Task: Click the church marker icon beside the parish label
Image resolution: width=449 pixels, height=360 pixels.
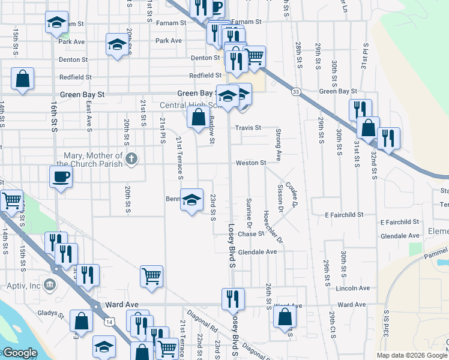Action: [132, 159]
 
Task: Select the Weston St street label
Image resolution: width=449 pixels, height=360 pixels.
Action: [251, 163]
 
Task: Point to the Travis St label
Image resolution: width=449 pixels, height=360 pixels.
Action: [248, 128]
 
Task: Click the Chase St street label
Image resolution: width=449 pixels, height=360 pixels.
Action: [251, 234]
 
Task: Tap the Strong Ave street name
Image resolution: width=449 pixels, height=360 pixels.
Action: [279, 144]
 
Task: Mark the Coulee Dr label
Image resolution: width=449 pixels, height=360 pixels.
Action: [292, 195]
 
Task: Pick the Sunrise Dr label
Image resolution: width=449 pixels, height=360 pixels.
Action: [249, 210]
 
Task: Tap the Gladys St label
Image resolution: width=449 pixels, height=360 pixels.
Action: [52, 314]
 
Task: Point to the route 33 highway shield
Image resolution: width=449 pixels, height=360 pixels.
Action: [296, 91]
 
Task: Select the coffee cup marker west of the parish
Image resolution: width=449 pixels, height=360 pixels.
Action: [61, 177]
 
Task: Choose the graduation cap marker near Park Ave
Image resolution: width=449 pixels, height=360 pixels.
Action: [117, 43]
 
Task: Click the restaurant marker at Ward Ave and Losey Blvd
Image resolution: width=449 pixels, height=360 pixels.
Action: [233, 298]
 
